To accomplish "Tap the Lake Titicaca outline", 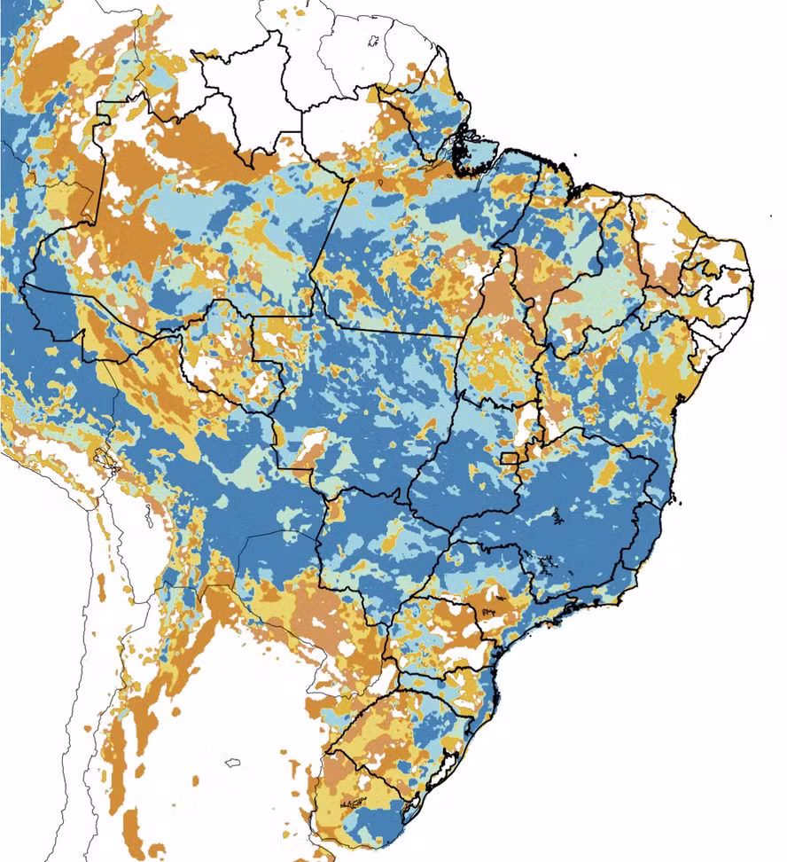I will click(106, 460).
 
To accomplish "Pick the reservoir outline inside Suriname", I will click(374, 41).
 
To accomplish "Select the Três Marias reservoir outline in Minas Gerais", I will click(556, 514).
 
